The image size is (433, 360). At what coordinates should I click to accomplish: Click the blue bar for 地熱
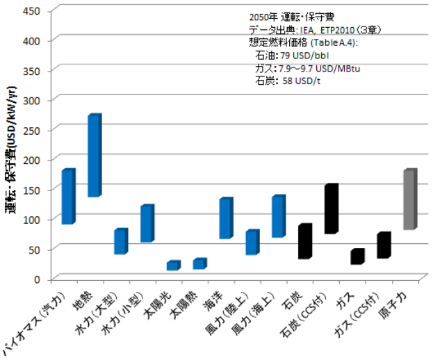(x=94, y=156)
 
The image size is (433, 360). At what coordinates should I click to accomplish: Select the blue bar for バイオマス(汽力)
(x=67, y=197)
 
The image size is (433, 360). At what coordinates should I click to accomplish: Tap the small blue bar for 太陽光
(x=172, y=265)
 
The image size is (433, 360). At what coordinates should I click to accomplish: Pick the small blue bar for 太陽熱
(x=199, y=264)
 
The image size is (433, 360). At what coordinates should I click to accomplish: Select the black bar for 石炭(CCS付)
(x=330, y=209)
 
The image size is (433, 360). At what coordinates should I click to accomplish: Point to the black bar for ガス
(x=357, y=257)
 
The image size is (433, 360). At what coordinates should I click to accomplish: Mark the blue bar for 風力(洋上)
(x=278, y=217)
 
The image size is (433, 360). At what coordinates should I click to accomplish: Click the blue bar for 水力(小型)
(x=146, y=224)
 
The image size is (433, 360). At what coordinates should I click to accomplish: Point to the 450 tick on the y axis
(x=32, y=11)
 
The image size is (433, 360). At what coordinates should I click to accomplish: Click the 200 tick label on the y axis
(x=32, y=160)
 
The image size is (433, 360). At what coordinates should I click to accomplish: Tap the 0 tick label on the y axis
(x=39, y=279)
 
